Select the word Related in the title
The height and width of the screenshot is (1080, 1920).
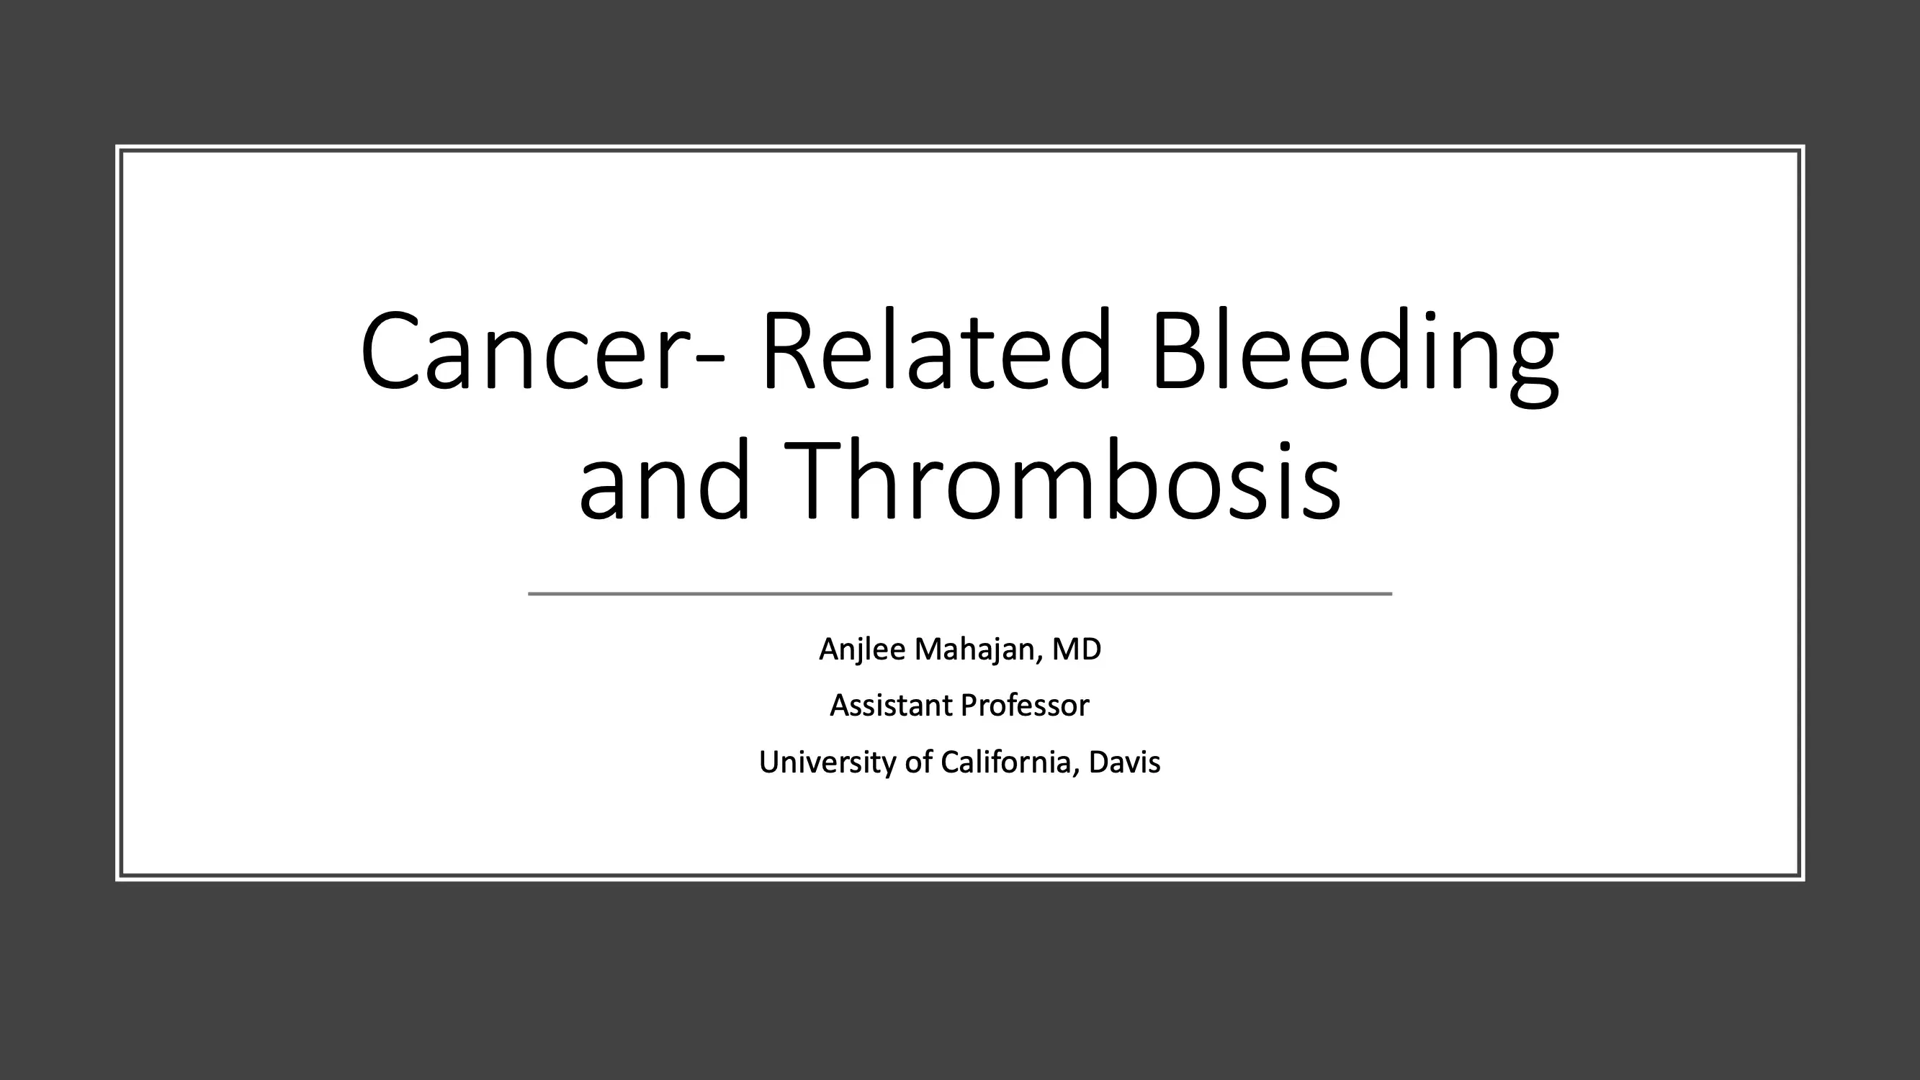936,351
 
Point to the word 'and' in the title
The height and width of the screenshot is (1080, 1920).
663,481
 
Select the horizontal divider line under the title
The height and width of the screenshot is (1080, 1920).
959,594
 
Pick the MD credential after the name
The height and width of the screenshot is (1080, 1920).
1075,649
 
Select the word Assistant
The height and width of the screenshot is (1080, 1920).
890,705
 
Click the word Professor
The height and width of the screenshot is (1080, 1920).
1025,705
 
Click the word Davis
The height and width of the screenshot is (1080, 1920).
1124,762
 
